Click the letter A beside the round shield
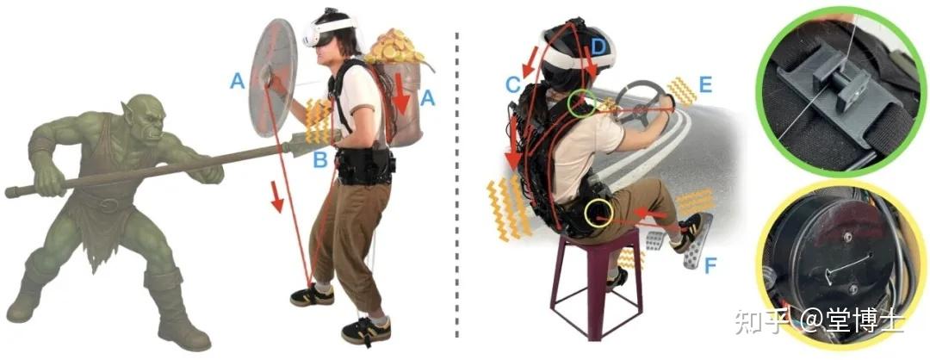[238, 81]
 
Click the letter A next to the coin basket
[428, 98]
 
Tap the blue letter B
[320, 159]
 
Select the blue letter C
[513, 84]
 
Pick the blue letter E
[705, 84]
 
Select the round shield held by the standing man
[272, 78]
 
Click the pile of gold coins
[394, 47]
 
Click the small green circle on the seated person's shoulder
[581, 104]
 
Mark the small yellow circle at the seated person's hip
[598, 213]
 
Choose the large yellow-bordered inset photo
[841, 264]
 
